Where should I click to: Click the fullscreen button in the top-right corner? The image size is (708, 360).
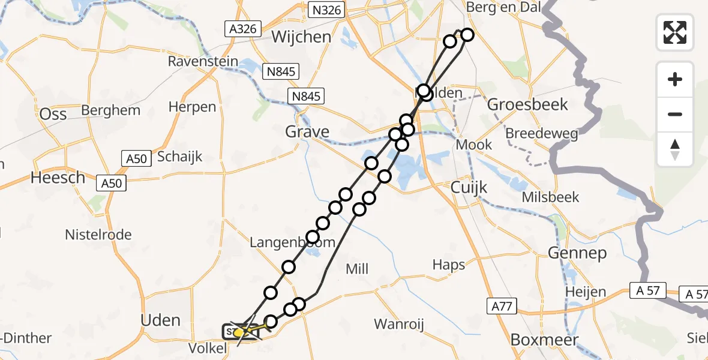pyautogui.click(x=675, y=32)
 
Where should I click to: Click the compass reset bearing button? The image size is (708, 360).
pyautogui.click(x=675, y=149)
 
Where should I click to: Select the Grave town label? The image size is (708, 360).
pyautogui.click(x=308, y=131)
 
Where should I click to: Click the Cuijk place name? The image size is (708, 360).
pyautogui.click(x=469, y=188)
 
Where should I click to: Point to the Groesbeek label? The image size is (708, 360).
pyautogui.click(x=527, y=104)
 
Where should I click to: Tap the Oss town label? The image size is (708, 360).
pyautogui.click(x=52, y=113)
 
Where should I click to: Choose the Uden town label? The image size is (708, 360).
pyautogui.click(x=161, y=320)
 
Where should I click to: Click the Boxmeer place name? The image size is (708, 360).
pyautogui.click(x=545, y=340)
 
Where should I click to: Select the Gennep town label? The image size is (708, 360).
pyautogui.click(x=577, y=253)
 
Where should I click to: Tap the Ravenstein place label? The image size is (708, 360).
pyautogui.click(x=204, y=61)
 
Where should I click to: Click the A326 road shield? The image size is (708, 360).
pyautogui.click(x=242, y=29)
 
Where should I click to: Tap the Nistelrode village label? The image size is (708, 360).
pyautogui.click(x=98, y=235)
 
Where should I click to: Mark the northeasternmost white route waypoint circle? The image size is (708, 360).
pyautogui.click(x=466, y=35)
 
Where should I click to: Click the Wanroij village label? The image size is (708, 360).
pyautogui.click(x=399, y=325)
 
